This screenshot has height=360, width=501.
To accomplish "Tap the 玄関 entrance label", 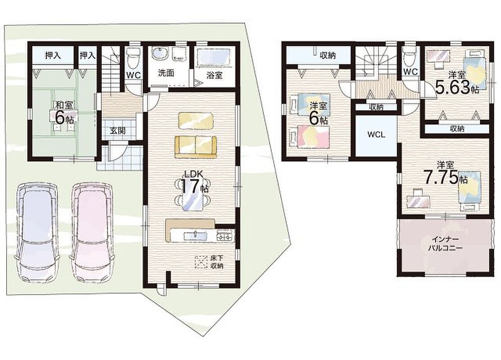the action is [117, 130].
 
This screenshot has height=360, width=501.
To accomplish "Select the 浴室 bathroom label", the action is [214, 76].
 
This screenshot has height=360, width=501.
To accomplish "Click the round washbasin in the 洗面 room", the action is [158, 53].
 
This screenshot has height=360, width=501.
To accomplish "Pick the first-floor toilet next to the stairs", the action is [132, 59].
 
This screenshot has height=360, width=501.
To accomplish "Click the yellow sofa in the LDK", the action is [195, 147].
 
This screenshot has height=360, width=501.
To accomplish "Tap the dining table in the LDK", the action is [191, 194].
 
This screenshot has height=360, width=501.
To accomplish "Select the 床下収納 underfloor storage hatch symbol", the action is [201, 262].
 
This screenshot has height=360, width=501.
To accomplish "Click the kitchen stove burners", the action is [226, 236].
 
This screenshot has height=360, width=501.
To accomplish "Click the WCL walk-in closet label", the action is [376, 135].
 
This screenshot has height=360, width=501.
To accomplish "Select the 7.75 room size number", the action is [440, 178].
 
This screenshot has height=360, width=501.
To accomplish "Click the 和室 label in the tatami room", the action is [64, 105].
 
